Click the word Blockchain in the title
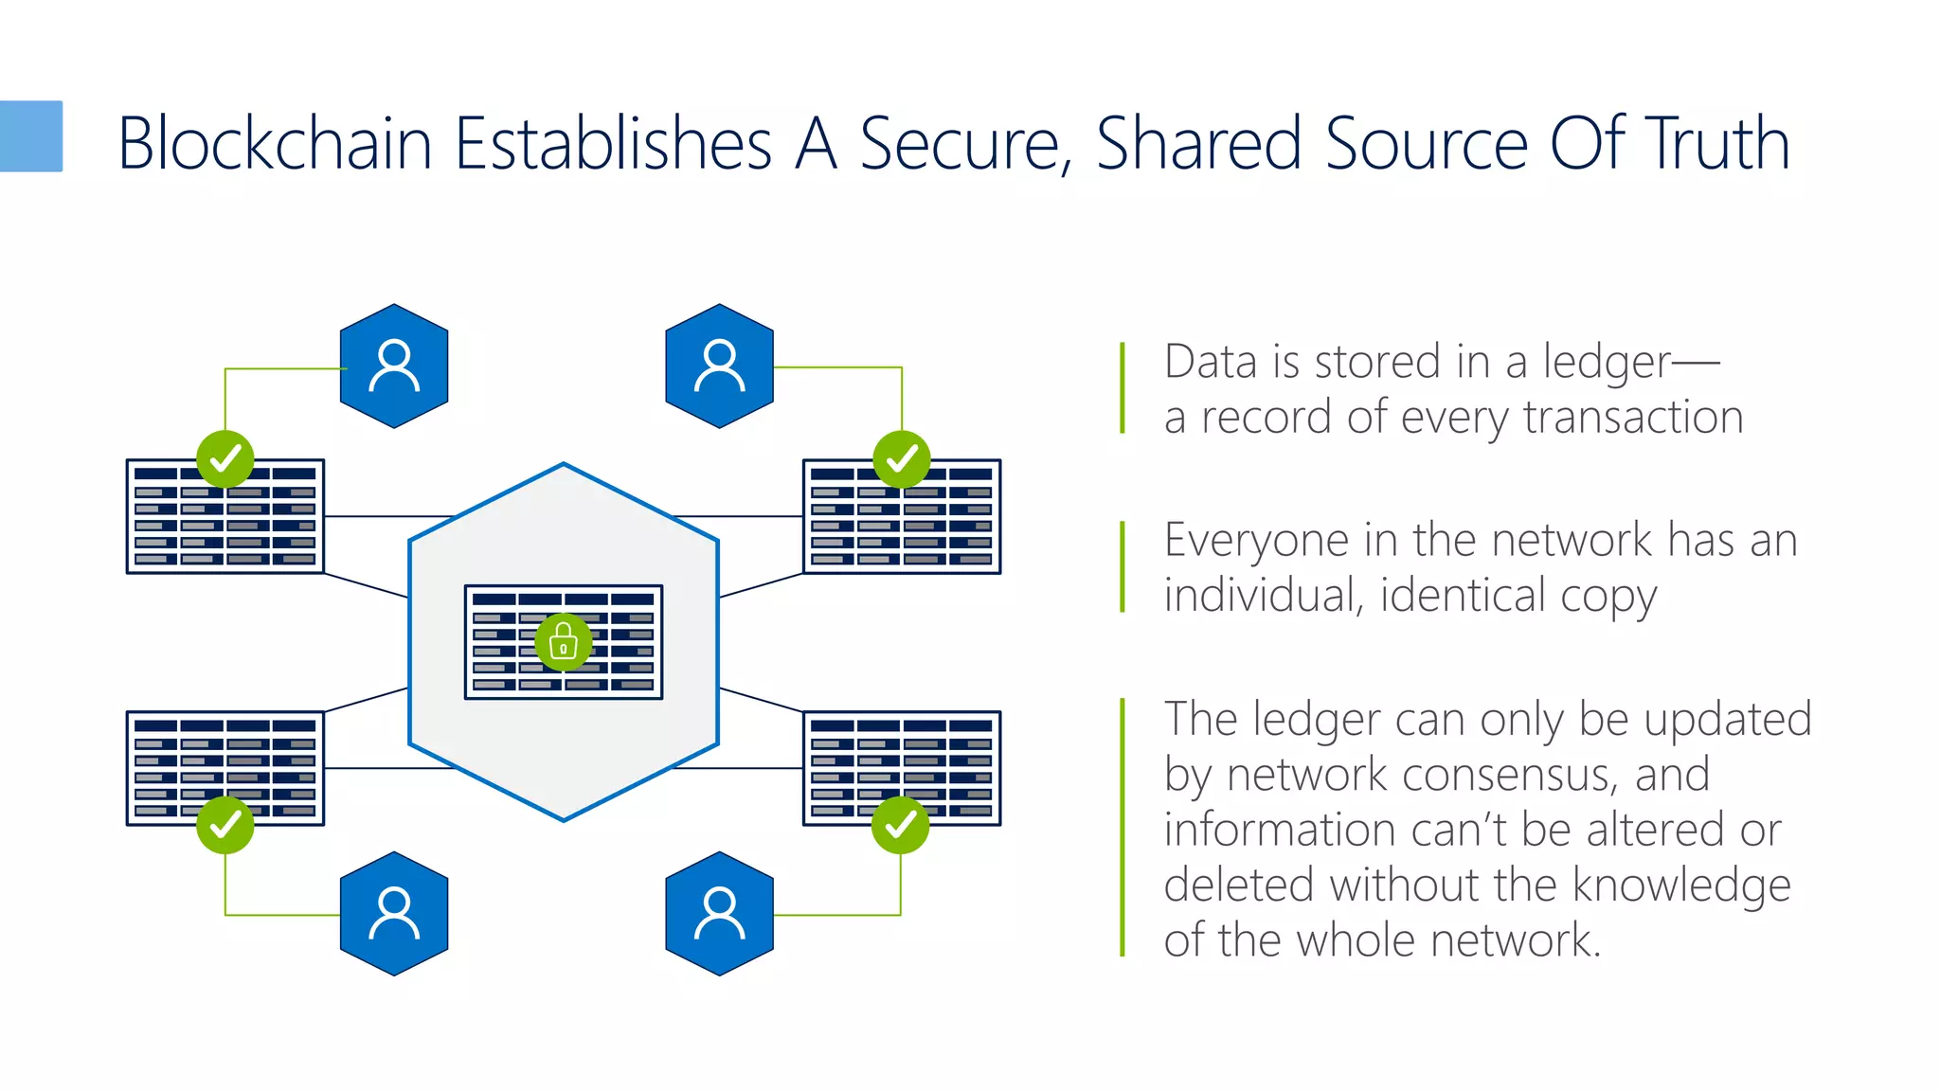(x=275, y=144)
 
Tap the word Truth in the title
(x=1716, y=144)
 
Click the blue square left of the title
(x=30, y=136)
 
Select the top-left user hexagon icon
(x=394, y=367)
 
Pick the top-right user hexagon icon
(x=720, y=367)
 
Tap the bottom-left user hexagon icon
(x=394, y=914)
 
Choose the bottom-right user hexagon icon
(x=720, y=914)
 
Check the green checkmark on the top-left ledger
(x=225, y=458)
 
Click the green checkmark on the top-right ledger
(x=901, y=458)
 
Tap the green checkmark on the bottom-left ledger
(x=225, y=825)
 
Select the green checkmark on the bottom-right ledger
(x=900, y=825)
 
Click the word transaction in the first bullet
(x=1633, y=418)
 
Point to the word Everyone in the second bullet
(x=1256, y=541)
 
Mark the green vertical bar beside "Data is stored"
(x=1123, y=388)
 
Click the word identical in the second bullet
(x=1463, y=596)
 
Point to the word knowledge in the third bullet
(x=1681, y=885)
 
